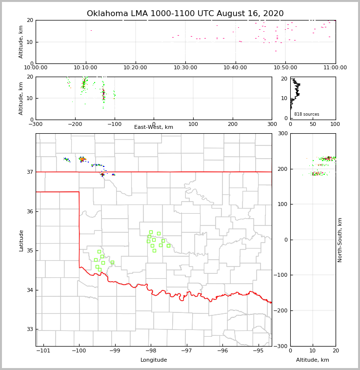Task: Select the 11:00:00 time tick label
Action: [335, 67]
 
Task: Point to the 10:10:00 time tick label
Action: [85, 67]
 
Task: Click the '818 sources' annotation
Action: [306, 114]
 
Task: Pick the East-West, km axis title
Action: [154, 127]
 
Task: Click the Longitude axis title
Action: [154, 360]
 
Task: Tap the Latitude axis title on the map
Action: [21, 240]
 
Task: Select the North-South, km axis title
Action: [340, 240]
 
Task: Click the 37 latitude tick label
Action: [30, 172]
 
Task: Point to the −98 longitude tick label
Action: [151, 351]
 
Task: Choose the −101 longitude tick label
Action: [43, 351]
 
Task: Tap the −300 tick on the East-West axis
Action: [36, 124]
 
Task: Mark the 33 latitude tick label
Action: [30, 329]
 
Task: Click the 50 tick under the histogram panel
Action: [313, 124]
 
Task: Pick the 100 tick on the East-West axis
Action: [193, 124]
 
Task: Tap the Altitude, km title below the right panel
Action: [313, 360]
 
